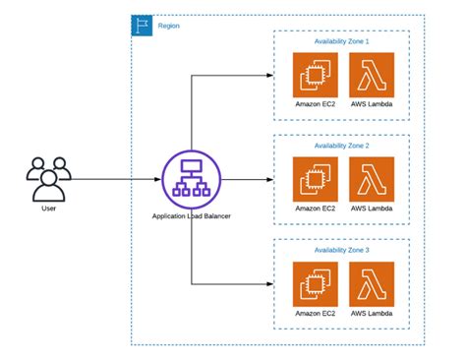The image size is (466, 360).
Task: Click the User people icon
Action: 47,177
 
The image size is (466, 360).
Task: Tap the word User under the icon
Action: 47,209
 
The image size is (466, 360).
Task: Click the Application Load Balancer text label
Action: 191,215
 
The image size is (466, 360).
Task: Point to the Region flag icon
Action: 142,25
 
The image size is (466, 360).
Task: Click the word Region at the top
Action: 168,25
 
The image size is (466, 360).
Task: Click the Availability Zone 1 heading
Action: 341,41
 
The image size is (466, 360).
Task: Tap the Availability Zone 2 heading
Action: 341,146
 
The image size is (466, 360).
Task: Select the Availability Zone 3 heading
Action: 341,250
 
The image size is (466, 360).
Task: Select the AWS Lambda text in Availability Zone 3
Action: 372,314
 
